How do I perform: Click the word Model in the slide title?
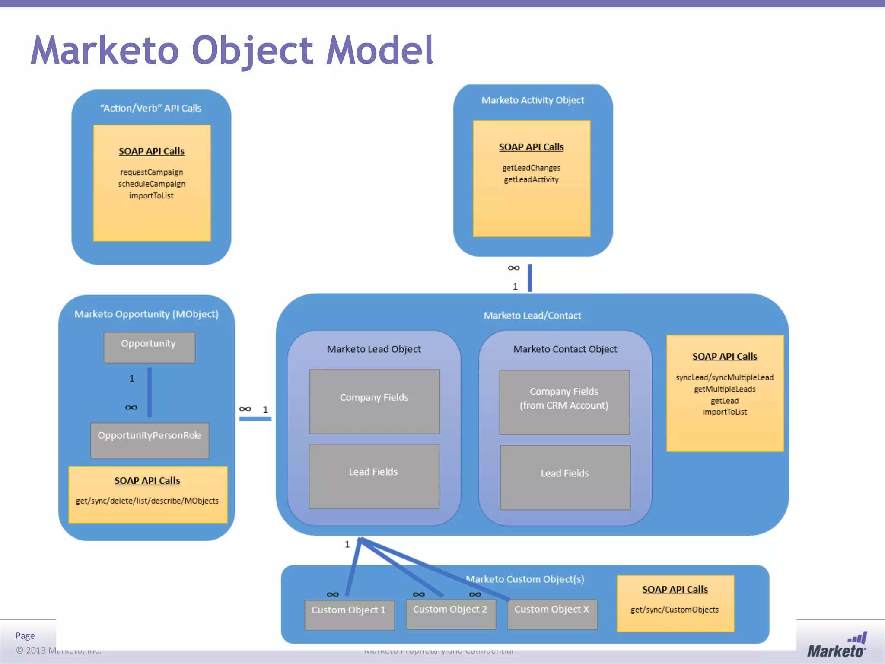(379, 50)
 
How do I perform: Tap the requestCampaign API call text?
(152, 172)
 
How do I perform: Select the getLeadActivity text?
(531, 179)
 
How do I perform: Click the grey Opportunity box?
(149, 347)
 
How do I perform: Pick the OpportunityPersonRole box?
(150, 440)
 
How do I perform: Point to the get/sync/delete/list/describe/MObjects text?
(147, 501)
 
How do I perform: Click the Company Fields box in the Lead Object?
(374, 401)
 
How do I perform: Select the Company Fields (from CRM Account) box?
(564, 402)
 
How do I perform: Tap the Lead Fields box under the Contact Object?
(565, 477)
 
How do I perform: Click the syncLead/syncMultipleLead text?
(725, 377)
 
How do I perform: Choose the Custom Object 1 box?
(349, 614)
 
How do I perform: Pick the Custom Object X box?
(552, 613)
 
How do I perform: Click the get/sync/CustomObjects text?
(675, 610)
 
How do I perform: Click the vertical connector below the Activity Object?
(530, 278)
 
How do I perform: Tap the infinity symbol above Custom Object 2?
(419, 594)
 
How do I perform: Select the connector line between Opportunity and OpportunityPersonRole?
(150, 392)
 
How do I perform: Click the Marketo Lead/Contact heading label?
(532, 316)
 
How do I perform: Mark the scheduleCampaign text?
(152, 184)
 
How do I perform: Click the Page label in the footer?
(25, 635)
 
